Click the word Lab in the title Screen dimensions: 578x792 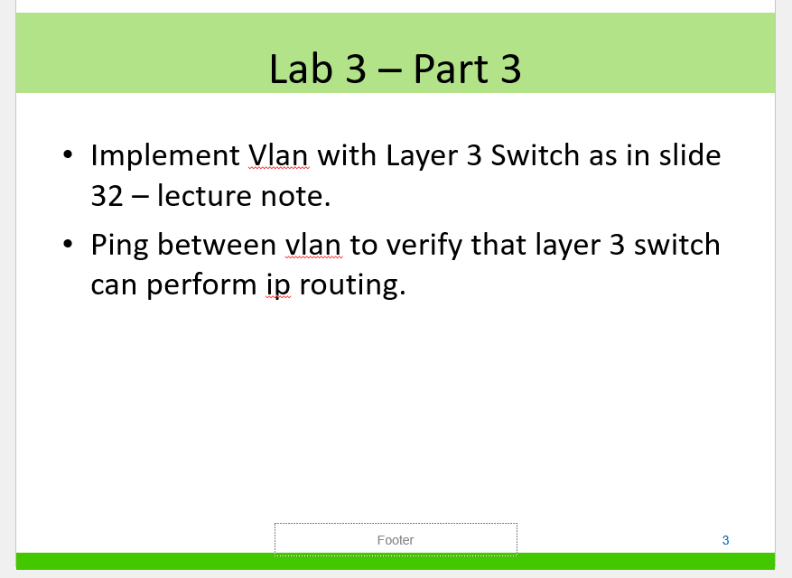pos(301,69)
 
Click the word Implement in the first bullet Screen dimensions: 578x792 pos(164,156)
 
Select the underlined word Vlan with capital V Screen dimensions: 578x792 pos(277,156)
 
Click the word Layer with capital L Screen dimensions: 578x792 pos(421,156)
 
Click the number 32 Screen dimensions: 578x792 pos(107,196)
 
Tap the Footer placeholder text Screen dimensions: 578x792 pos(396,540)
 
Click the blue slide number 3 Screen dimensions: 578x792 pos(725,540)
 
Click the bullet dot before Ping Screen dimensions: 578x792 pos(69,244)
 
